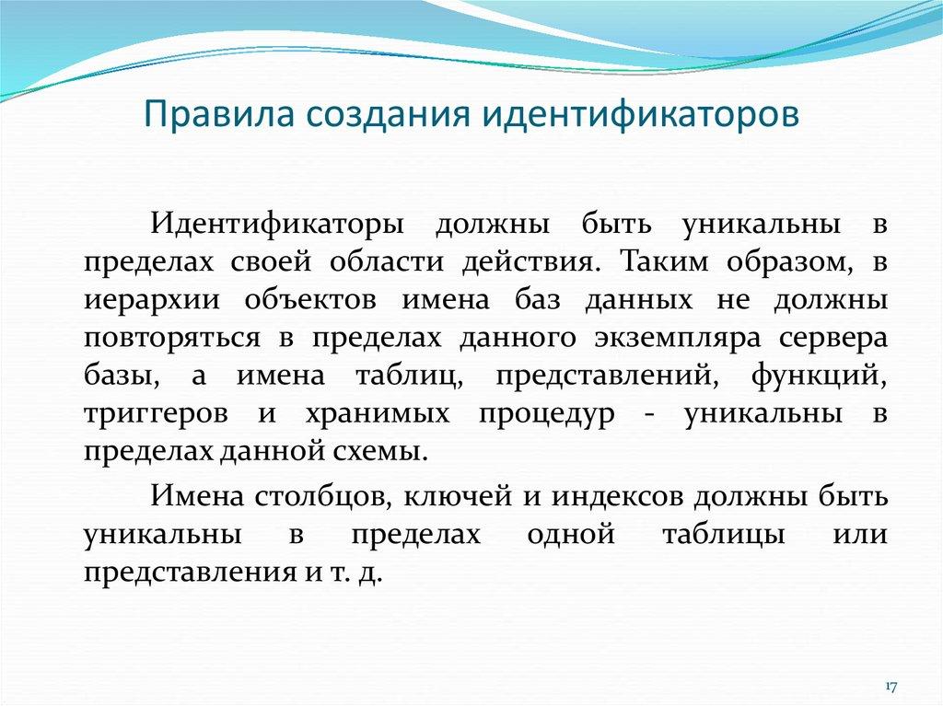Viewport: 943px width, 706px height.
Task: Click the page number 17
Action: point(891,688)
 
